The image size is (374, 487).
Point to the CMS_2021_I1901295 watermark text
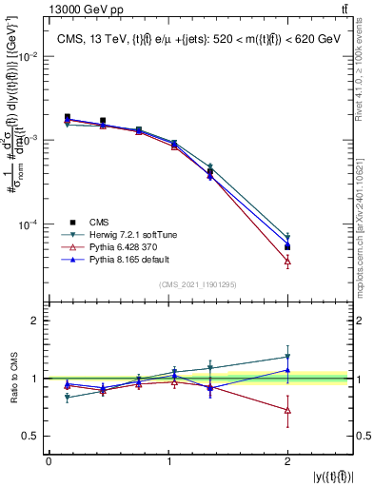tap(199, 284)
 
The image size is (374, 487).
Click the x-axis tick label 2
tap(287, 462)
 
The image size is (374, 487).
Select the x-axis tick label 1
tap(168, 462)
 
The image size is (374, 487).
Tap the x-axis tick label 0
tap(49, 462)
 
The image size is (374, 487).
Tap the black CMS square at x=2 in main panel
tap(287, 246)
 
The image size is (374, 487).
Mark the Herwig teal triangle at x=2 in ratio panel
tap(287, 357)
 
